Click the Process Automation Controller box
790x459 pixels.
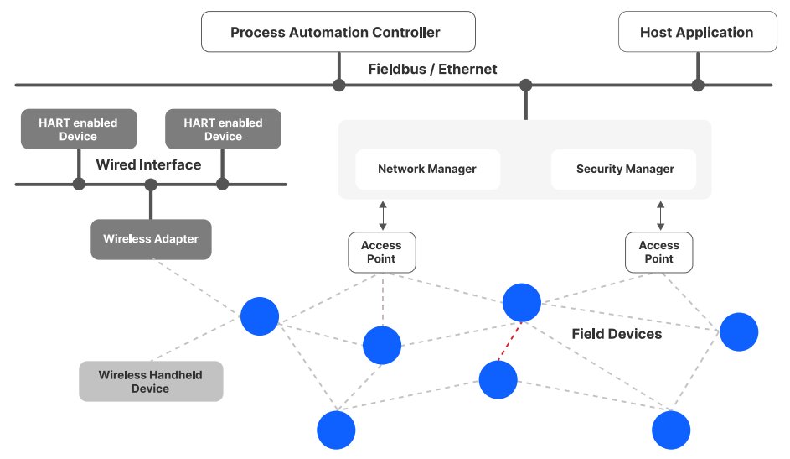pyautogui.click(x=338, y=33)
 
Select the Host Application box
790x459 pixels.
pyautogui.click(x=696, y=33)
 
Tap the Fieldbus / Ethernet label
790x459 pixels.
pyautogui.click(x=432, y=69)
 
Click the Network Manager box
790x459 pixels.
pyautogui.click(x=427, y=169)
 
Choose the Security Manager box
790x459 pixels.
pyautogui.click(x=624, y=169)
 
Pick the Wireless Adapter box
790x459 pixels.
pyautogui.click(x=151, y=239)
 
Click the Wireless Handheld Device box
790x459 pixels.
pyautogui.click(x=151, y=382)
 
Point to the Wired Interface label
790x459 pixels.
pyautogui.click(x=148, y=164)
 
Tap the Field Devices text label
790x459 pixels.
pyautogui.click(x=617, y=334)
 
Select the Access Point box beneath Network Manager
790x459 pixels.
pyautogui.click(x=382, y=252)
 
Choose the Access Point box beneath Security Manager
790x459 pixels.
pyautogui.click(x=659, y=252)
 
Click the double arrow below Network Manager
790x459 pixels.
pyautogui.click(x=382, y=215)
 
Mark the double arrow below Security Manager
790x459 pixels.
pyautogui.click(x=660, y=215)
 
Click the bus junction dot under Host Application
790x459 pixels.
pyautogui.click(x=697, y=85)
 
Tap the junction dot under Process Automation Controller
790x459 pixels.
pyautogui.click(x=338, y=85)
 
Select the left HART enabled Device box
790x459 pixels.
pyautogui.click(x=78, y=129)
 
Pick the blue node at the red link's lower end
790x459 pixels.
pyautogui.click(x=498, y=380)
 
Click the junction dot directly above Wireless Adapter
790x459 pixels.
pyautogui.click(x=151, y=185)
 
